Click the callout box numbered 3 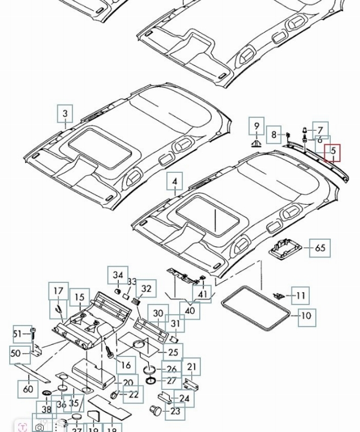coord(65,114)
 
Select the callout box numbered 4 coord(175,183)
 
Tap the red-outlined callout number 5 coord(332,152)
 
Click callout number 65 coord(320,248)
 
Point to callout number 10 coord(307,316)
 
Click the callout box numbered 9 coord(257,126)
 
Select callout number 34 coord(118,275)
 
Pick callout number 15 coord(80,298)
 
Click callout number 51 coord(18,334)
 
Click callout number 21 coord(192,367)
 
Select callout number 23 coord(175,411)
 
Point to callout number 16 coord(125,366)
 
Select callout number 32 coord(146,289)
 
